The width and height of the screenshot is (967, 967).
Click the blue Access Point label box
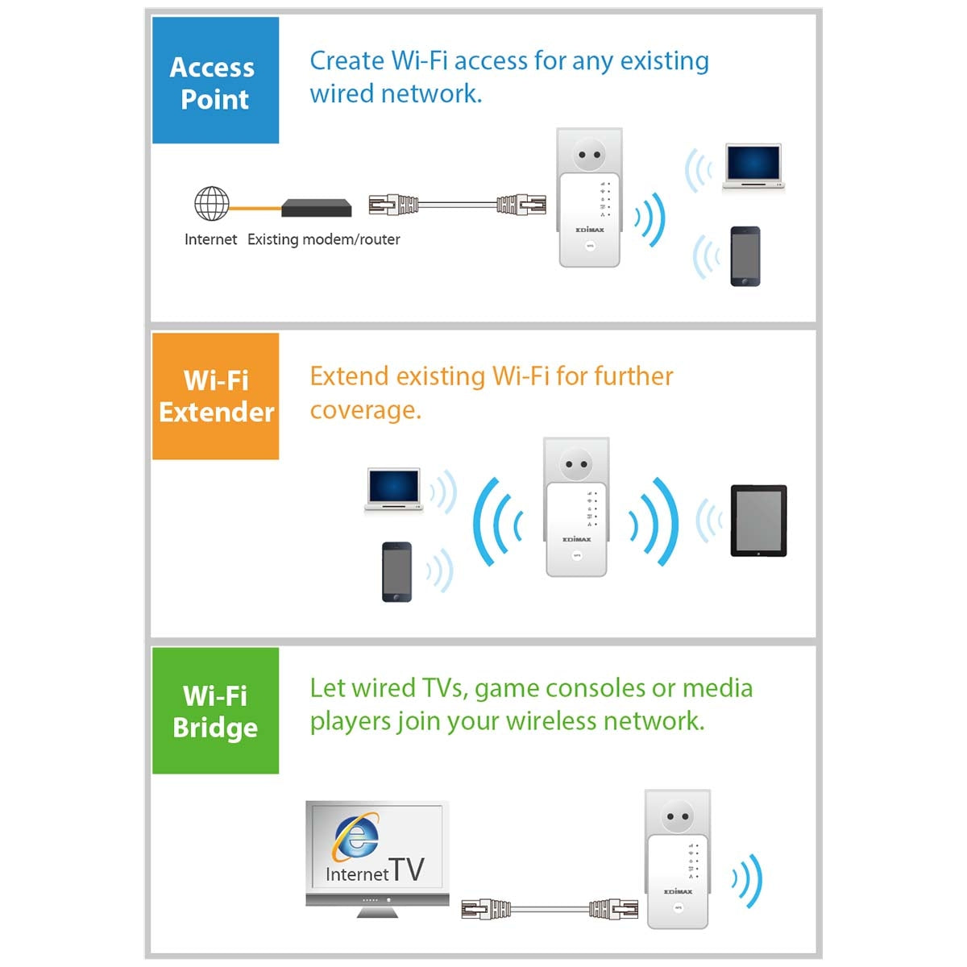(215, 81)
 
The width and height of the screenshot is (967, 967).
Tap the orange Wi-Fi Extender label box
(215, 396)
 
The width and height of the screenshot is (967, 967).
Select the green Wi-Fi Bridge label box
(215, 711)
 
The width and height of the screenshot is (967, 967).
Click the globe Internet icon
(212, 204)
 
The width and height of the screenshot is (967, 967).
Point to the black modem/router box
(317, 208)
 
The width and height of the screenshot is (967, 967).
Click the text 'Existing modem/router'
(323, 239)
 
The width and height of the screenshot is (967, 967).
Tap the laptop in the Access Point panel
(753, 167)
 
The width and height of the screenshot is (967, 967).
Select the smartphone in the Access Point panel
(745, 256)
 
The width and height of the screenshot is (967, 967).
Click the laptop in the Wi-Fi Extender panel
(393, 489)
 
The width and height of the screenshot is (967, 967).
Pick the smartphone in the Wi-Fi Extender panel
(396, 571)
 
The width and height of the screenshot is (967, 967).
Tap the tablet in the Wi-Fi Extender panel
(758, 521)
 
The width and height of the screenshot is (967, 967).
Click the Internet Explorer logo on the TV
(355, 838)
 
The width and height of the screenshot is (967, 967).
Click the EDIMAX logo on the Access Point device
(590, 230)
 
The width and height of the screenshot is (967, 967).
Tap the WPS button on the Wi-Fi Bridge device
(679, 907)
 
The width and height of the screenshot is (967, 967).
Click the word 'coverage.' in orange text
(365, 409)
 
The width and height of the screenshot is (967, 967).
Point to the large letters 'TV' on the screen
(408, 869)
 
